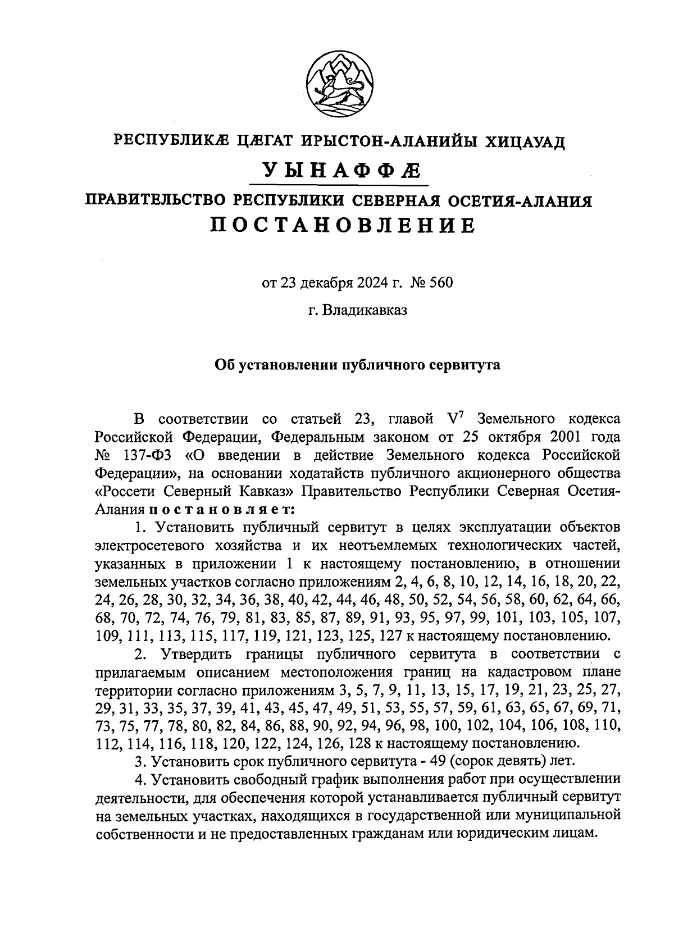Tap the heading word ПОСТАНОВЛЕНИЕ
(x=343, y=225)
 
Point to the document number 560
(x=440, y=282)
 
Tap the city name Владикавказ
(x=365, y=310)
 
